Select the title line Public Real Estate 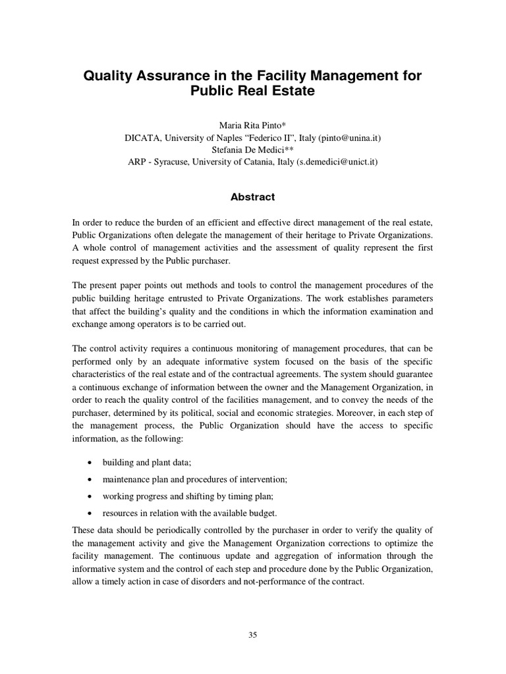pyautogui.click(x=252, y=92)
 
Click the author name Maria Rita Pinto pyautogui.click(x=250, y=126)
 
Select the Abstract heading pyautogui.click(x=252, y=197)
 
